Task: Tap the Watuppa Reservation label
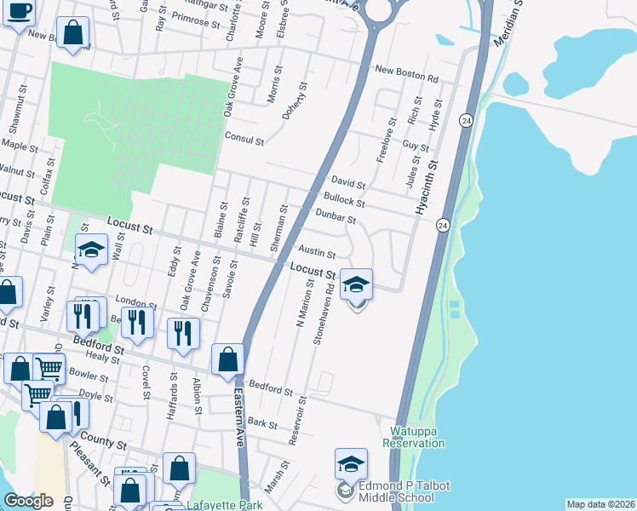click(x=413, y=437)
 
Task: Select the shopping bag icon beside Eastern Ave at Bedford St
click(x=227, y=360)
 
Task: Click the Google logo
click(x=28, y=501)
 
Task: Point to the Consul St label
click(x=244, y=137)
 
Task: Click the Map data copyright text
click(x=600, y=504)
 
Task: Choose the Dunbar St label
click(x=335, y=217)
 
